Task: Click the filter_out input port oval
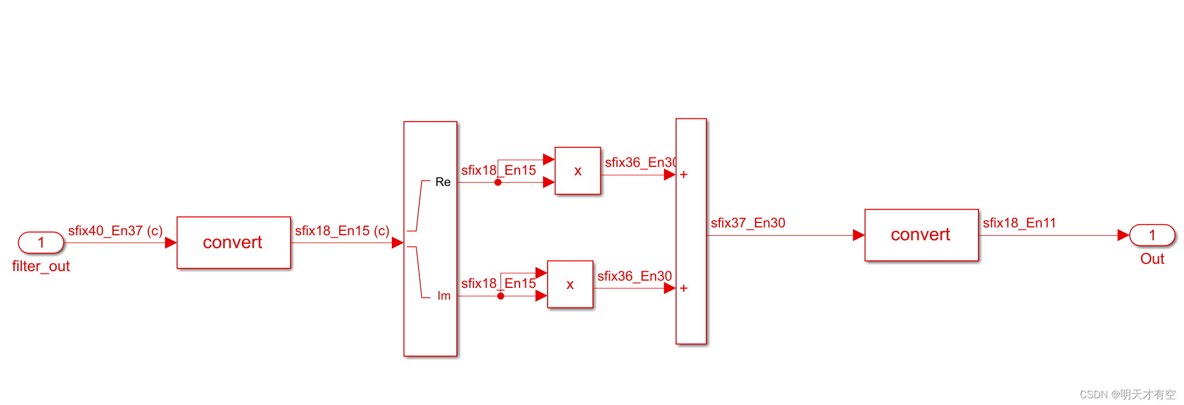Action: pos(41,243)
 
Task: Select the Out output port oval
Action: pos(1152,235)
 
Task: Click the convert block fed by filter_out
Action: pos(233,243)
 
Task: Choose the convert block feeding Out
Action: pos(921,235)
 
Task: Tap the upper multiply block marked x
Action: pos(578,171)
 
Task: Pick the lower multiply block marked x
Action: pos(570,285)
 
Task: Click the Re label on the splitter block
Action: pos(443,182)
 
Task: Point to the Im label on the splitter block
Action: pos(444,296)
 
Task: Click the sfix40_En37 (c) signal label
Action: pos(115,231)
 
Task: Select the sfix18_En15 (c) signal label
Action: pos(342,231)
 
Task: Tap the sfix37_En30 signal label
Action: pos(748,223)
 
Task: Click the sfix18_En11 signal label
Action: pos(1019,223)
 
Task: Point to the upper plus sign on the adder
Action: pos(684,175)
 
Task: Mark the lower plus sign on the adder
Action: pos(684,288)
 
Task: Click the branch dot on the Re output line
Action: pos(498,182)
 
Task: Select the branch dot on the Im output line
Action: pos(500,296)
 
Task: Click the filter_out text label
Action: pos(41,267)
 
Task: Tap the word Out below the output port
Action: pos(1152,259)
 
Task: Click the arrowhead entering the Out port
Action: pos(1123,235)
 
